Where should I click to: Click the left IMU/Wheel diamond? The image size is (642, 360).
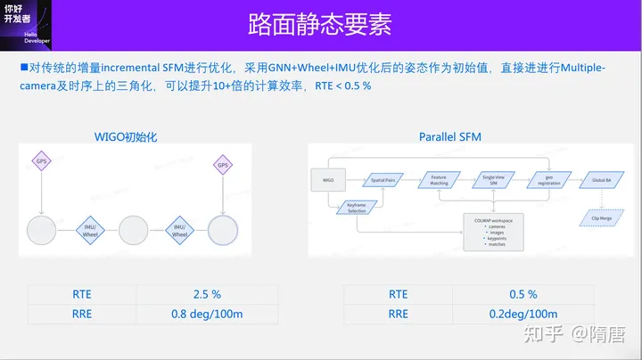coord(91,230)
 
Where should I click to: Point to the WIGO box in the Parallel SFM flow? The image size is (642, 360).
coord(327,180)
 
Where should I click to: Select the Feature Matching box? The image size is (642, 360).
coord(439,180)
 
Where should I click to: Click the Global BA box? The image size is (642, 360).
coord(602,180)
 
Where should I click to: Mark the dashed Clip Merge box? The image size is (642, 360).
coord(602,217)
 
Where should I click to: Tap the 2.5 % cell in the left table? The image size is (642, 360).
coord(206,294)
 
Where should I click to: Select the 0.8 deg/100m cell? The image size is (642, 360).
coord(206,314)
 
